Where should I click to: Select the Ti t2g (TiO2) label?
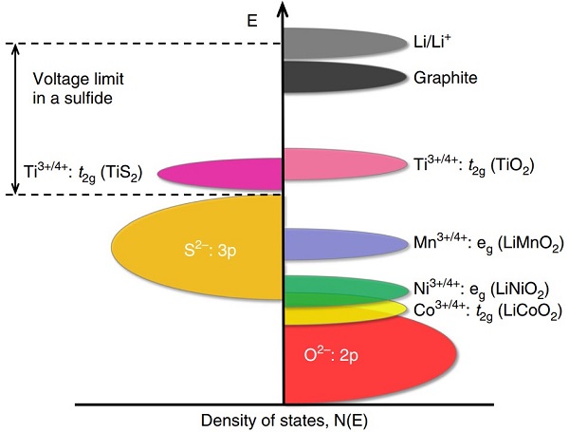tap(474, 165)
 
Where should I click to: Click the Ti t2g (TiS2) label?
tap(83, 173)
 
